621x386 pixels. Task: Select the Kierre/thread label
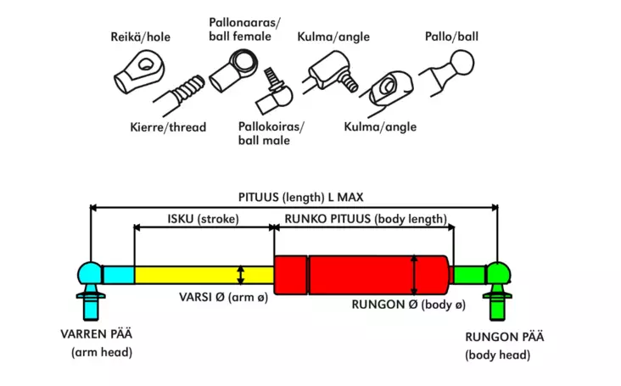[x=168, y=127]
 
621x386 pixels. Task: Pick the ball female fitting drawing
[x=237, y=67]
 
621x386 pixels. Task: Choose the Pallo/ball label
[x=450, y=37]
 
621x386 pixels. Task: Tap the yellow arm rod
[x=204, y=275]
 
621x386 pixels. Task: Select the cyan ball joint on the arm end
[x=88, y=273]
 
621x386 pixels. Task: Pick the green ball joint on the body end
[x=496, y=273]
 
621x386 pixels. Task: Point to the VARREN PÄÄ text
[x=96, y=333]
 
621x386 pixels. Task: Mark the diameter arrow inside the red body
[x=414, y=274]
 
